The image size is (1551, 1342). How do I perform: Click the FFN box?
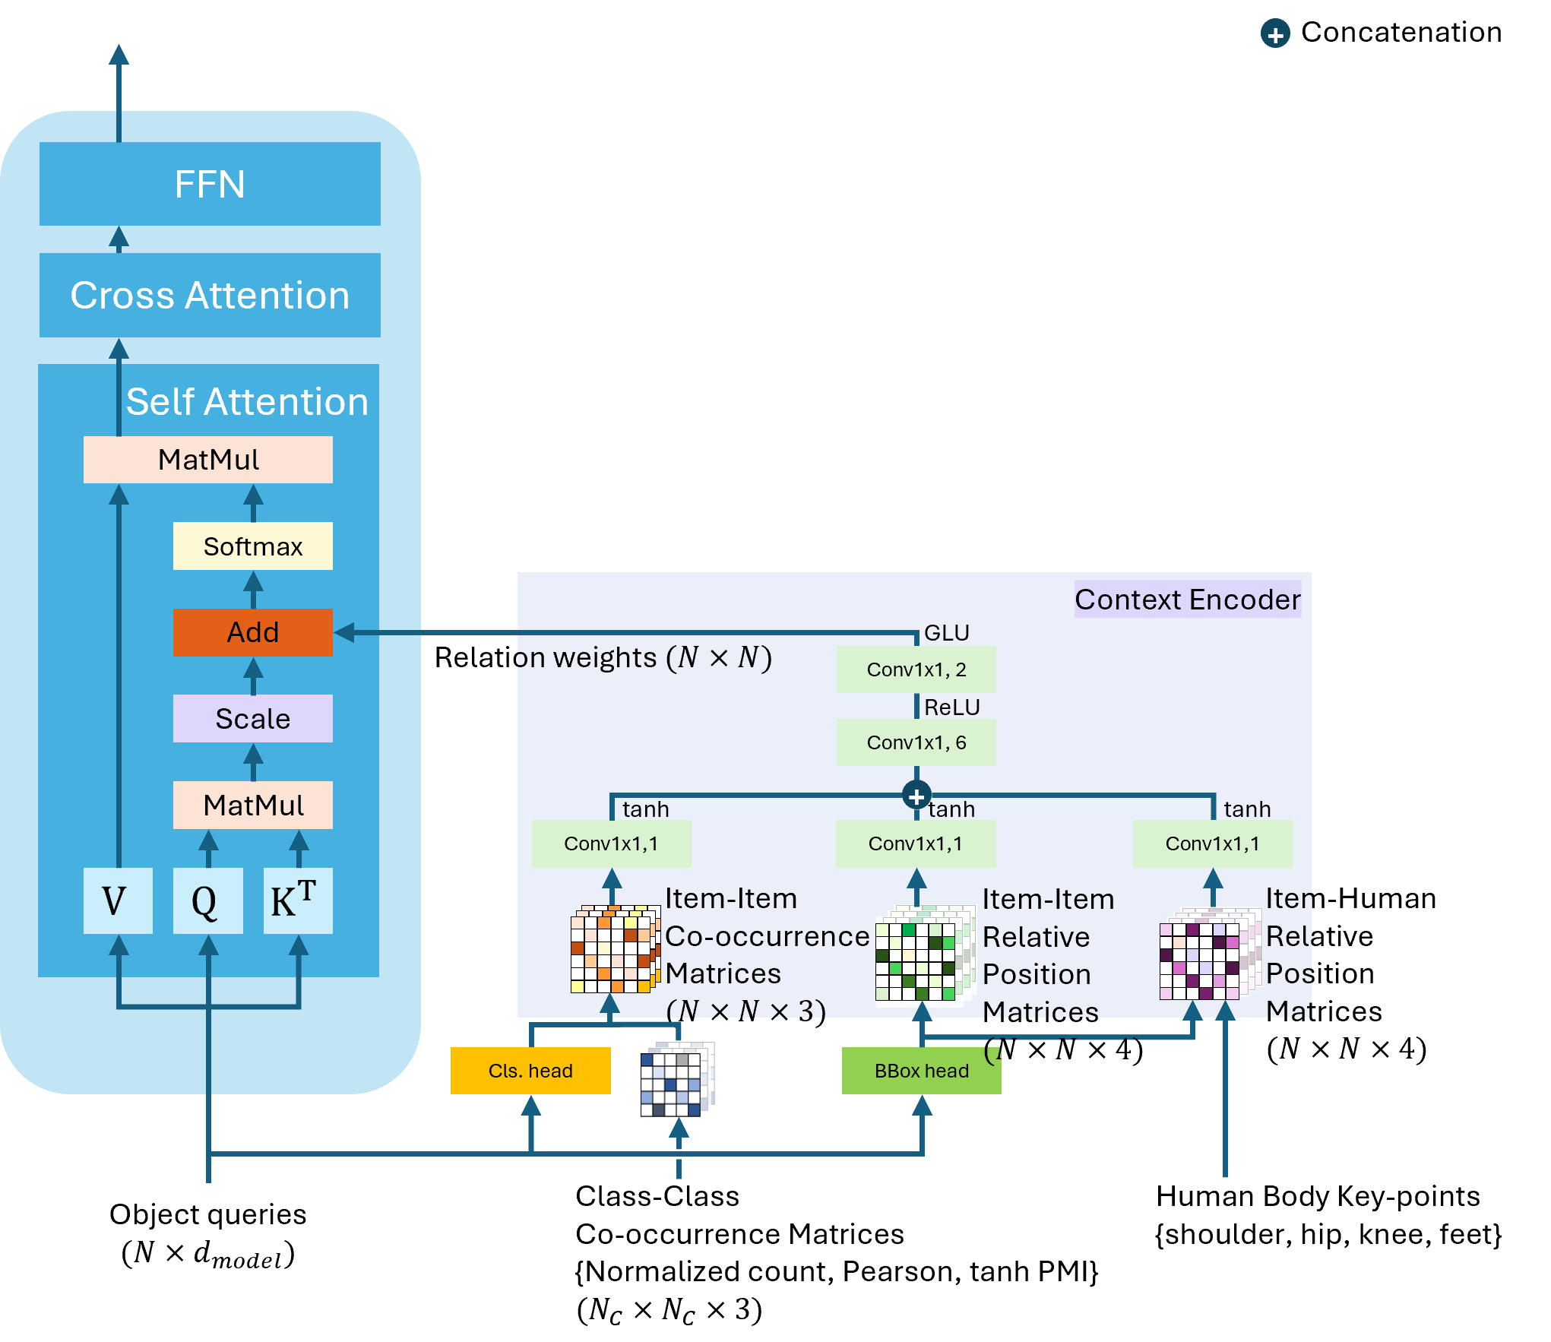pyautogui.click(x=210, y=184)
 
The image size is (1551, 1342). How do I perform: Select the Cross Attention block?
pyautogui.click(x=210, y=295)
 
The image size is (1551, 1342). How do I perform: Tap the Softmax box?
pyautogui.click(x=252, y=546)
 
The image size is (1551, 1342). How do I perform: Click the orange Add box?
pyautogui.click(x=252, y=632)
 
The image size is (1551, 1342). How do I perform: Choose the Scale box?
pyautogui.click(x=252, y=718)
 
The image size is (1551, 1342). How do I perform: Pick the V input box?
pyautogui.click(x=118, y=900)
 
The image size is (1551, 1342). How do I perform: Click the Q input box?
pyautogui.click(x=207, y=900)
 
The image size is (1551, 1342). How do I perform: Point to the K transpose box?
pyautogui.click(x=297, y=900)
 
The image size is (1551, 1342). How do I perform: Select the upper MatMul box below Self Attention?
pyautogui.click(x=207, y=460)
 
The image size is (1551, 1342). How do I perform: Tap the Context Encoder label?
pyautogui.click(x=1187, y=600)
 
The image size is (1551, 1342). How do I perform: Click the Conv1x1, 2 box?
pyautogui.click(x=916, y=669)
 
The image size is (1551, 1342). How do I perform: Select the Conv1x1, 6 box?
pyautogui.click(x=916, y=742)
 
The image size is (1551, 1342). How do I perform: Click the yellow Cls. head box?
pyautogui.click(x=530, y=1071)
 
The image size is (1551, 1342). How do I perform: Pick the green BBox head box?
pyautogui.click(x=921, y=1071)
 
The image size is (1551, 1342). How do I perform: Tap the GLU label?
pyautogui.click(x=946, y=633)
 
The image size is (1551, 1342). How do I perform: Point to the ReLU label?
pyautogui.click(x=951, y=707)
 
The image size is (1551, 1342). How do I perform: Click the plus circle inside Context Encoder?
pyautogui.click(x=916, y=796)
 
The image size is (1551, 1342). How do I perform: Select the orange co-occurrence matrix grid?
pyautogui.click(x=614, y=950)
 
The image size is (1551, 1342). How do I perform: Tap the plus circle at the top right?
pyautogui.click(x=1275, y=34)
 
